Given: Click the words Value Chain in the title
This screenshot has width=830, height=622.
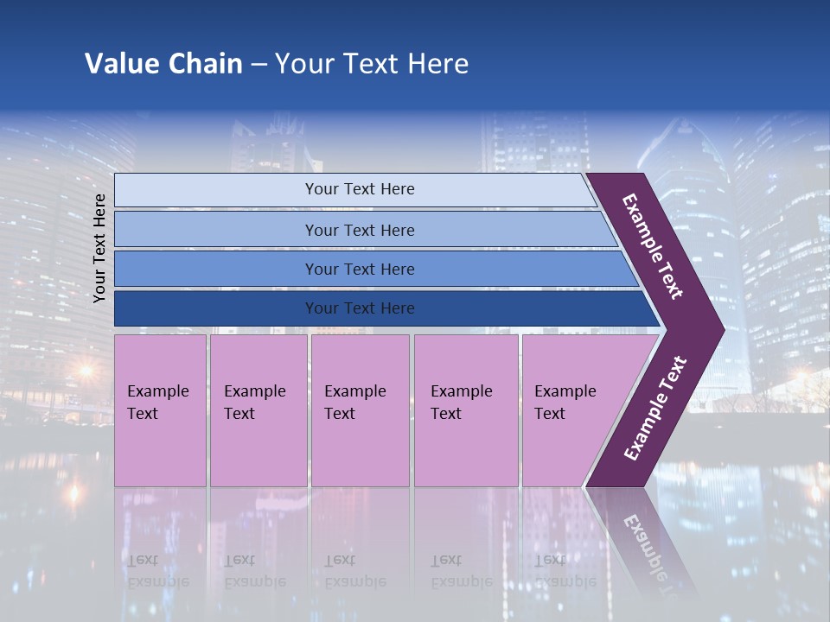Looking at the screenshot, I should (x=163, y=64).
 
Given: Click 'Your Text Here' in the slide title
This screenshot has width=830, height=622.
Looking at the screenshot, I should (x=372, y=64).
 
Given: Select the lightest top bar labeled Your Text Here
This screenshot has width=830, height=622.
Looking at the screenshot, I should (x=359, y=189).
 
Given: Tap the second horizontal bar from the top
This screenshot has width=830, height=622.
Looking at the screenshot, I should (x=359, y=230).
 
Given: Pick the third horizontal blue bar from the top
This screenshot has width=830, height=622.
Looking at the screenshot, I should (x=359, y=269).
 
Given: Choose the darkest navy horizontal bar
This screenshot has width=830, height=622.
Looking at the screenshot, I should (x=359, y=308).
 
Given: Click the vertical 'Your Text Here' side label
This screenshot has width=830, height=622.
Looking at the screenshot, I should (x=99, y=248).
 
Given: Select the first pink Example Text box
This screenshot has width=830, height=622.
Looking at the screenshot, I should (x=160, y=410).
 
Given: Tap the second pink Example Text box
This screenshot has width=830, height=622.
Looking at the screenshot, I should (x=258, y=410).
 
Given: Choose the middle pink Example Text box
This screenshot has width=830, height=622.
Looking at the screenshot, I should (x=360, y=410).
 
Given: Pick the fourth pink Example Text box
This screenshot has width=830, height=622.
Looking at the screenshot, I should (x=465, y=410).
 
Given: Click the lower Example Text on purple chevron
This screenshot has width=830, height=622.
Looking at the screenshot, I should (x=655, y=409).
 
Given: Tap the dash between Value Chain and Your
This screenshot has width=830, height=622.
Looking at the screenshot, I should (x=259, y=65).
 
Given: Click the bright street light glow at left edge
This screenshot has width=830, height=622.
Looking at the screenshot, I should (x=85, y=371).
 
